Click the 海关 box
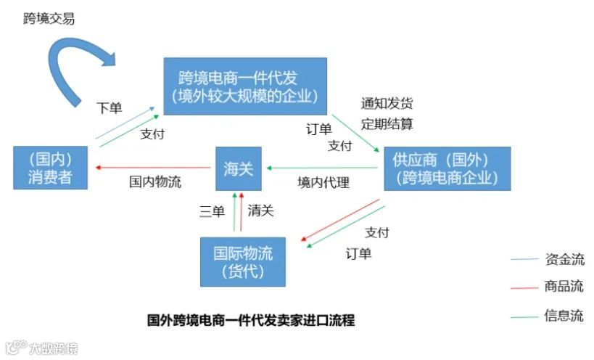(237, 169)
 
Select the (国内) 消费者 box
(50, 168)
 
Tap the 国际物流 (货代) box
(243, 262)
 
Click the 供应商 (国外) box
(447, 168)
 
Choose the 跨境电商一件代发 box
(244, 86)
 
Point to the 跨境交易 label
(49, 19)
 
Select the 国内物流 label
(155, 182)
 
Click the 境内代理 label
(323, 182)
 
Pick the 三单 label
(212, 211)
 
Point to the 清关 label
(260, 211)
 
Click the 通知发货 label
(387, 104)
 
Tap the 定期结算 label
(387, 124)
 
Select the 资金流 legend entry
(564, 260)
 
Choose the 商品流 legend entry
(564, 287)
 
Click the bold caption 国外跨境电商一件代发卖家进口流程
(251, 319)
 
